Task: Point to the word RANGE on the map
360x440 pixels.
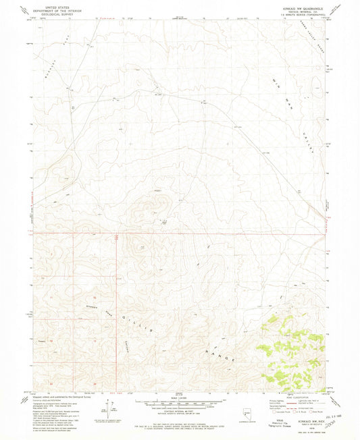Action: click(217, 352)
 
